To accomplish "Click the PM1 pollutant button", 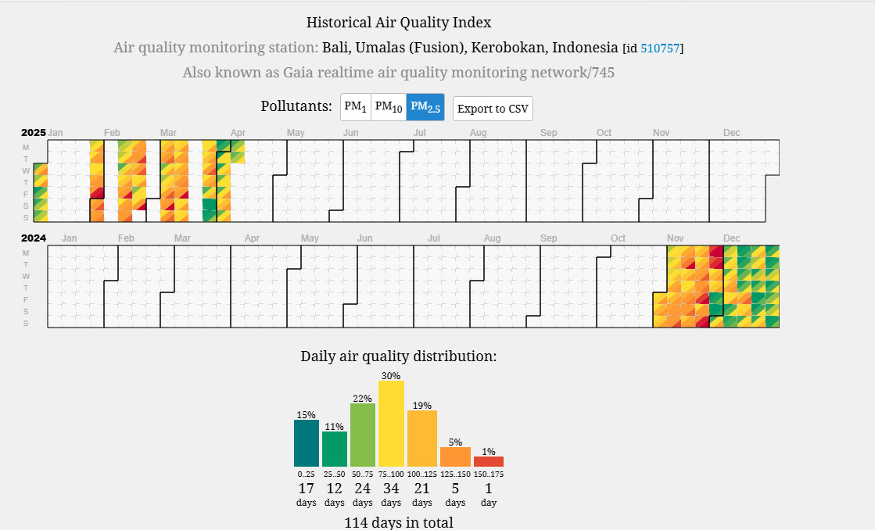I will point(356,107).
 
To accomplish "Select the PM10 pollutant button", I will point(389,107).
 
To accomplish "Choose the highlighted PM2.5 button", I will point(425,107).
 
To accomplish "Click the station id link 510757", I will point(660,48).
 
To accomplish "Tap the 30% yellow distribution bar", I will point(391,424).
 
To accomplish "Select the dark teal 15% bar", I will point(307,443).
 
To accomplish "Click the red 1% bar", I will point(489,461).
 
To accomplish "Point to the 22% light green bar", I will point(363,435).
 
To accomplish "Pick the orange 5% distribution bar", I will point(455,457).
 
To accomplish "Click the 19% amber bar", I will point(422,439).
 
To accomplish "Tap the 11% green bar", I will point(334,449).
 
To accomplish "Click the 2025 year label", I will point(34,133).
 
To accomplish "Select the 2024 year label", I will point(34,238).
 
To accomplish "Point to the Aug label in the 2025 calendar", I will point(478,133).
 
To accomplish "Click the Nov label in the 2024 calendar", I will point(675,238).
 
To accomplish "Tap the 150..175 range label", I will point(489,474).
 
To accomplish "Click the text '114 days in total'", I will point(399,522).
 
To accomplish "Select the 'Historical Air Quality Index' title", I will point(399,23).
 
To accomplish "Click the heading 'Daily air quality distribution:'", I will point(399,356).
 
